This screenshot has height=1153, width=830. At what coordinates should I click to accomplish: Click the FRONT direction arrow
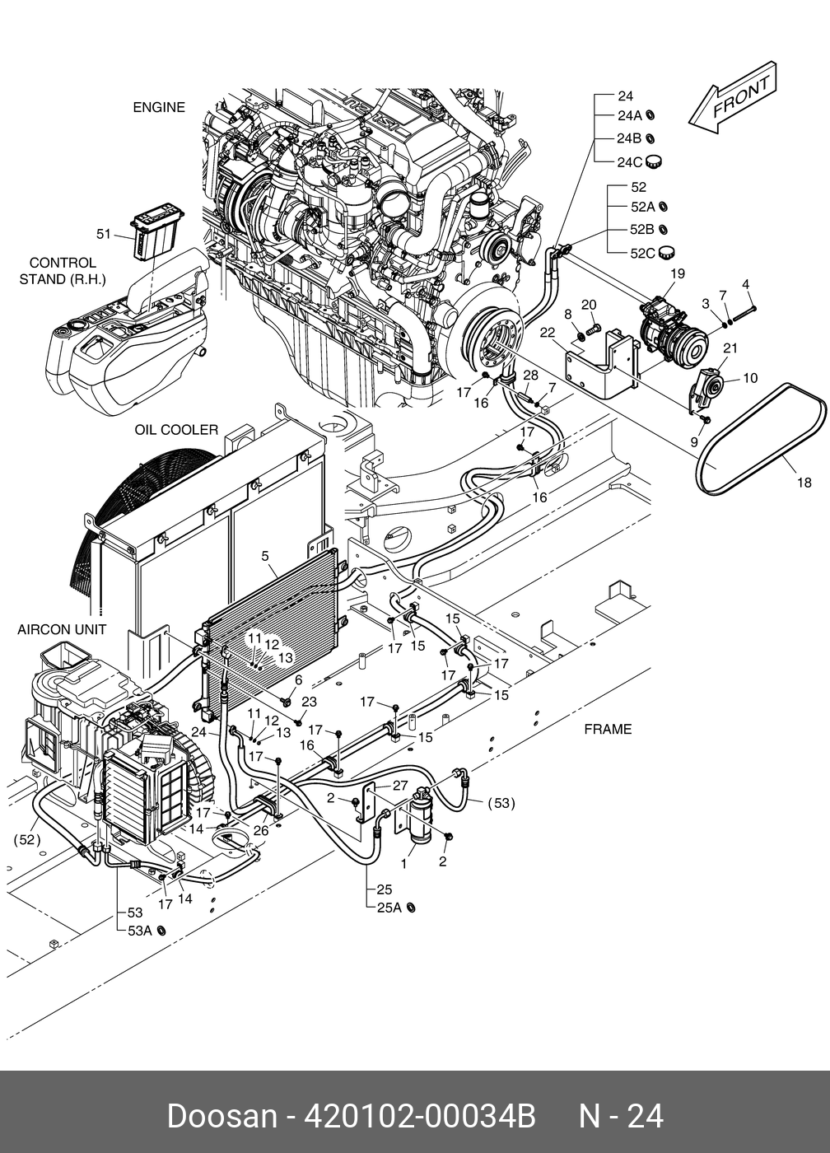click(x=733, y=98)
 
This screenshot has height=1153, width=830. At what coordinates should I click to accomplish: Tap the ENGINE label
click(x=158, y=108)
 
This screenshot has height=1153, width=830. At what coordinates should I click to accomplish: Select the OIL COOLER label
click(x=176, y=430)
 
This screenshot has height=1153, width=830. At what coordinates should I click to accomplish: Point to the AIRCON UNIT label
click(x=62, y=629)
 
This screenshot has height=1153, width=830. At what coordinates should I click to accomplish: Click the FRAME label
click(x=608, y=729)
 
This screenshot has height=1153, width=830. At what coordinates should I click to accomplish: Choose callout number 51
click(x=104, y=234)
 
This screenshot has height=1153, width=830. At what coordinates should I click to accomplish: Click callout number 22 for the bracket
click(x=548, y=333)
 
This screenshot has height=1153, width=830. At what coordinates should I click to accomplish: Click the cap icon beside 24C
click(x=655, y=161)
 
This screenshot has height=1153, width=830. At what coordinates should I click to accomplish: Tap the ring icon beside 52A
click(x=664, y=207)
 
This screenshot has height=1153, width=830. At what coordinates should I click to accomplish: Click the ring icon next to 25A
click(x=411, y=908)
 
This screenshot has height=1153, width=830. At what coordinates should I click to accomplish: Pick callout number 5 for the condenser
click(x=265, y=556)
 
